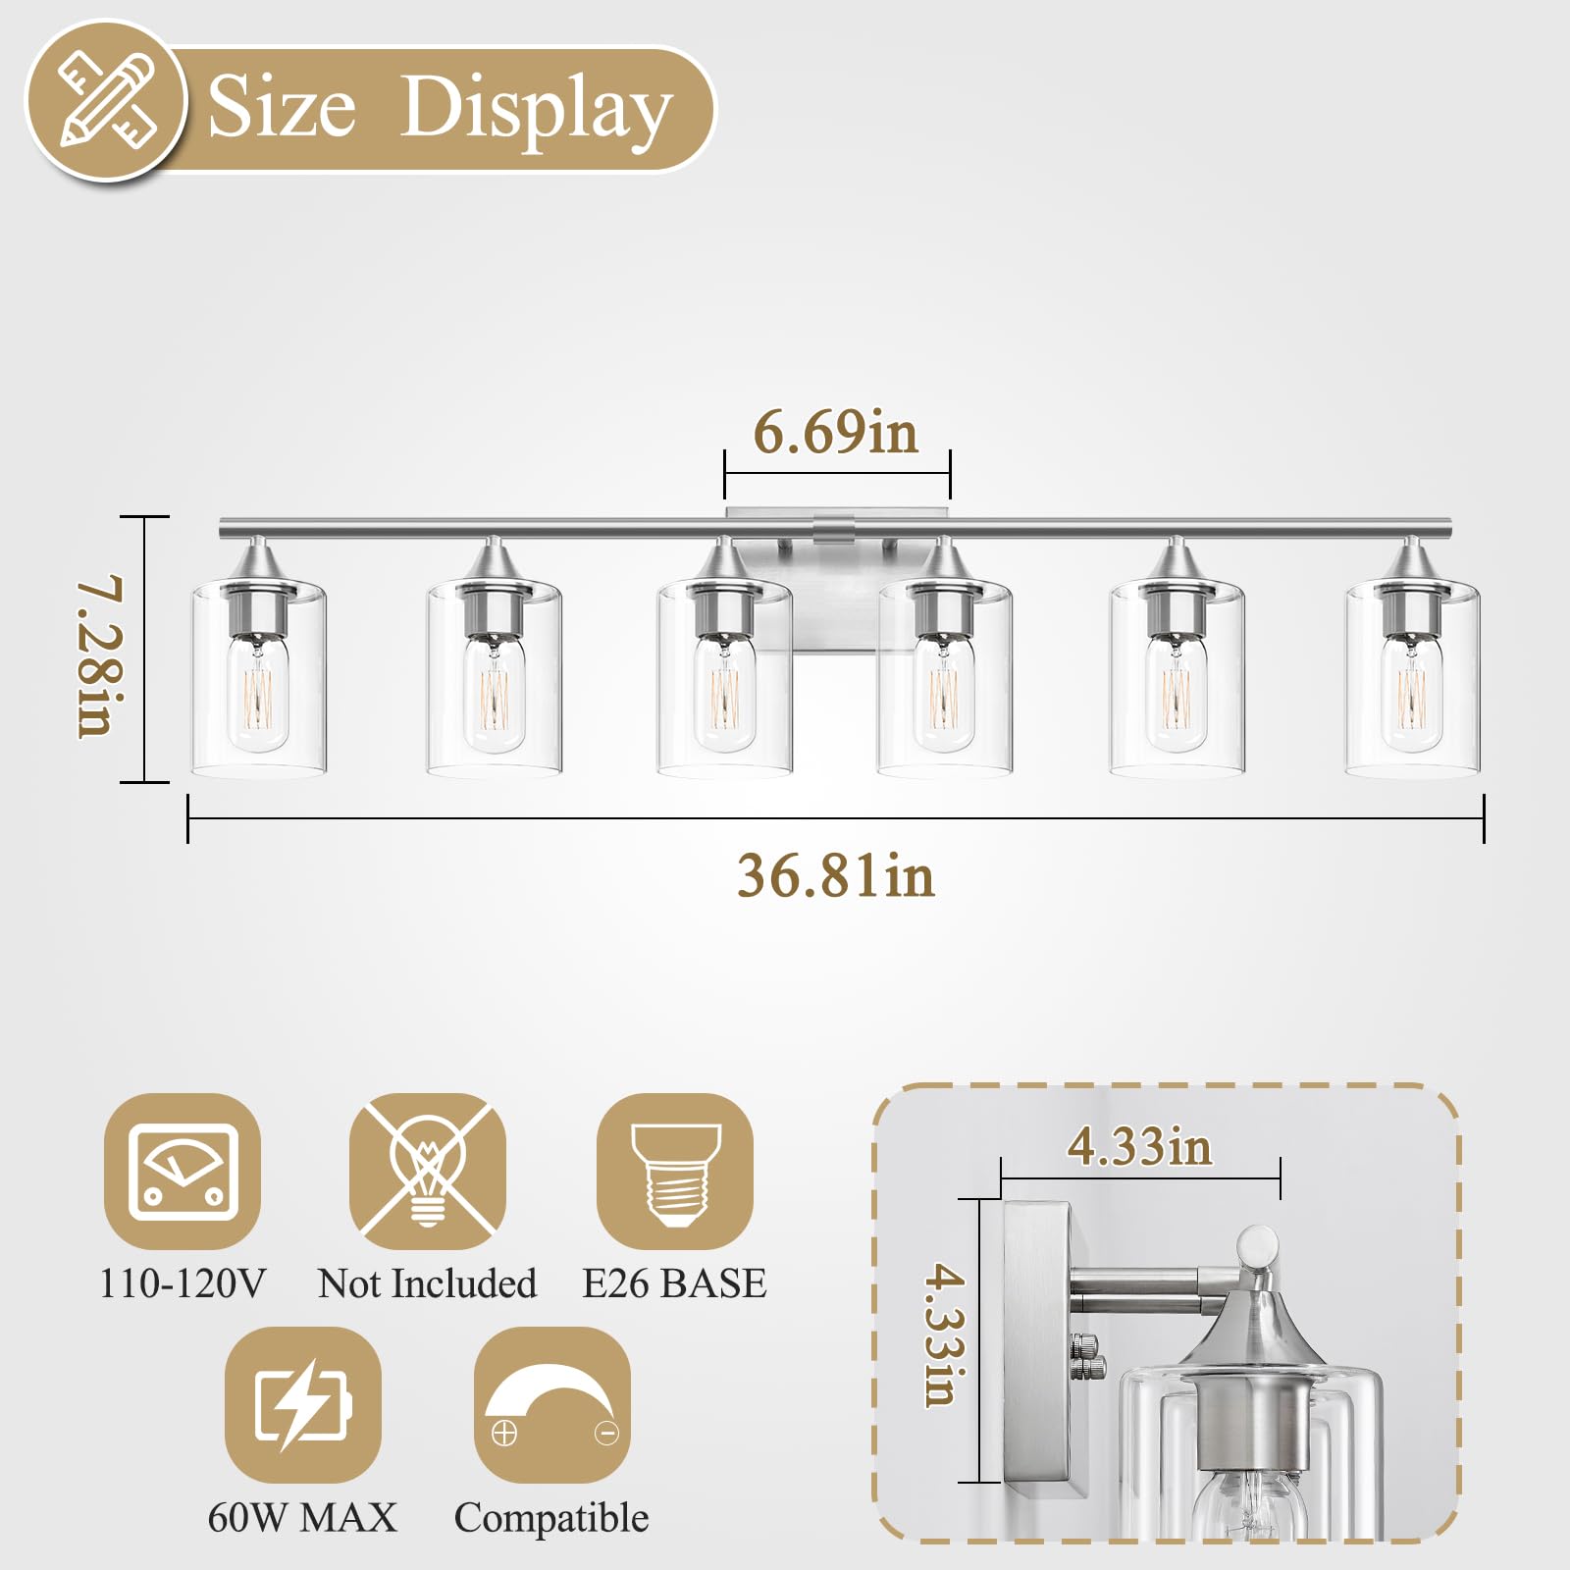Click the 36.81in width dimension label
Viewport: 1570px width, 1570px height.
click(x=836, y=875)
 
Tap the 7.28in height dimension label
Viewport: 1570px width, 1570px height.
click(x=101, y=656)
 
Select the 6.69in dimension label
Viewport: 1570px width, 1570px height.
click(x=836, y=432)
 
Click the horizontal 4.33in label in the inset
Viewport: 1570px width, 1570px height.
click(x=1139, y=1146)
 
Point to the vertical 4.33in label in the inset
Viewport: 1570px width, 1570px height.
click(x=945, y=1335)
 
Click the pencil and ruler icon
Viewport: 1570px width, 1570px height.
click(x=107, y=100)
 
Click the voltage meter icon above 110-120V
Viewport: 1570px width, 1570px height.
click(x=183, y=1172)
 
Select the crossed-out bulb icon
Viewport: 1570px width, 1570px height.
click(x=428, y=1172)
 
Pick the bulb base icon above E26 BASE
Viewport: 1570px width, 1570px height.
click(x=675, y=1172)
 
